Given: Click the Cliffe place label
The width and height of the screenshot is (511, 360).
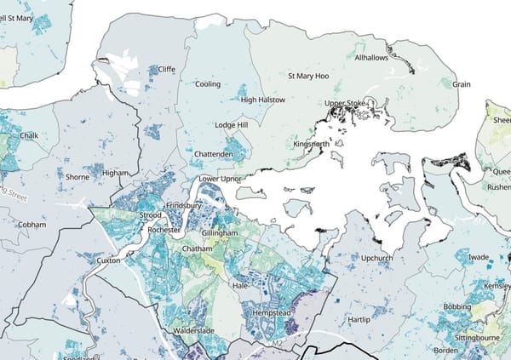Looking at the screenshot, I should pyautogui.click(x=167, y=69).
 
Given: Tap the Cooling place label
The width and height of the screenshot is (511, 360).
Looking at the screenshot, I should pyautogui.click(x=207, y=84).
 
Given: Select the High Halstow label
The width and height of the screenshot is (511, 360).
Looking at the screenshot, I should pyautogui.click(x=262, y=100).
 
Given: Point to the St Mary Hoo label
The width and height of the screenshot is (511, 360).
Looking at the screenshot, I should pyautogui.click(x=309, y=76).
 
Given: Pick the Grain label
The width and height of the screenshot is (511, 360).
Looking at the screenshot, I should pyautogui.click(x=462, y=84).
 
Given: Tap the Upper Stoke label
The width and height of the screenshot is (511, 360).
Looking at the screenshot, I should pyautogui.click(x=346, y=104).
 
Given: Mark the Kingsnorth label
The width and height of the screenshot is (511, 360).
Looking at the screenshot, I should pyautogui.click(x=311, y=144).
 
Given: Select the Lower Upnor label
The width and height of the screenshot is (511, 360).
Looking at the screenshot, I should pyautogui.click(x=220, y=180).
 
